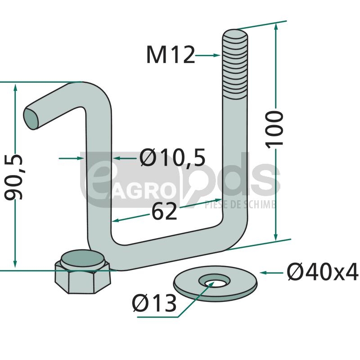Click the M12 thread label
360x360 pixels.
(x=171, y=54)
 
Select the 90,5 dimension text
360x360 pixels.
(x=14, y=177)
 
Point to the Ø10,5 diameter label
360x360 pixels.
(x=173, y=157)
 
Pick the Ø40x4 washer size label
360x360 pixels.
(x=323, y=272)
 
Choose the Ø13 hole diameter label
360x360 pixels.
(x=154, y=303)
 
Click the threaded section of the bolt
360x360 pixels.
(x=235, y=64)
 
